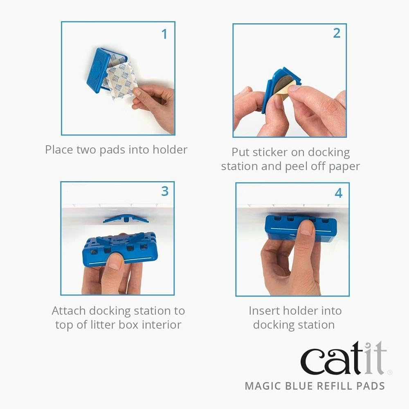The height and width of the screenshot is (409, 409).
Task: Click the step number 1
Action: [164, 34]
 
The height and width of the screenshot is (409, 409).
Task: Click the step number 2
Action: [337, 34]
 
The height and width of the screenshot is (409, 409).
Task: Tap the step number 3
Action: [165, 191]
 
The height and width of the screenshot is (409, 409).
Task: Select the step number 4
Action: [339, 192]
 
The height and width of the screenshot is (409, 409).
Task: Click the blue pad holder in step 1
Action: [98, 70]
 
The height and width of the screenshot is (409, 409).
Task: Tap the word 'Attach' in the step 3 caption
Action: [69, 311]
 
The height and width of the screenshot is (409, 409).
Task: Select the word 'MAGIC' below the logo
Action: [265, 386]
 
